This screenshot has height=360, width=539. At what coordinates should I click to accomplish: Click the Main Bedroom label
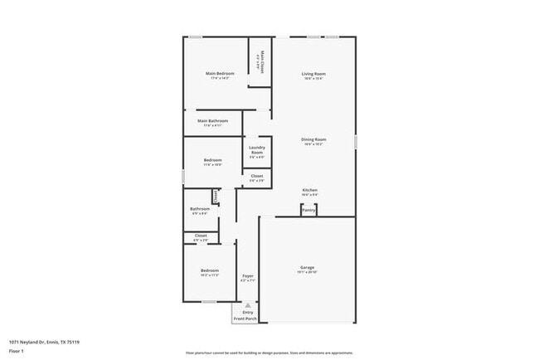coord(220,73)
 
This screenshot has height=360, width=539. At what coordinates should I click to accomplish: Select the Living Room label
coord(313,74)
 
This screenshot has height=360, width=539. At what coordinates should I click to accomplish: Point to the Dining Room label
coord(313,139)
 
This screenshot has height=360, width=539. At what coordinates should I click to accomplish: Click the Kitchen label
coord(309,190)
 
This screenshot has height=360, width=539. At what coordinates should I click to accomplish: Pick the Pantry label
coord(308,211)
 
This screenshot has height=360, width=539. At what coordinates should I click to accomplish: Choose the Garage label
coord(307,267)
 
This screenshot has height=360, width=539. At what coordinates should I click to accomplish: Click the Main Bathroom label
coord(213,121)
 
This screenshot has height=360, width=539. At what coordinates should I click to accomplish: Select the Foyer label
coord(247,275)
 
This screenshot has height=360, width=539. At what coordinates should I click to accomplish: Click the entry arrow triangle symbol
coord(247,305)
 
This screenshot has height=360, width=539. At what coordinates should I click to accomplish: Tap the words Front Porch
coord(245,319)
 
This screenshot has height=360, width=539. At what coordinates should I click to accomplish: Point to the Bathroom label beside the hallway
coord(200,209)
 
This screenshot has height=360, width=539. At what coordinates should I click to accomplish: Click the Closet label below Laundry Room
coord(257,176)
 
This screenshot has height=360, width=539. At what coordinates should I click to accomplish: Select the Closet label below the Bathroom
coord(201,236)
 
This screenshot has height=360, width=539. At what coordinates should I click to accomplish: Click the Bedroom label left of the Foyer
coord(209,270)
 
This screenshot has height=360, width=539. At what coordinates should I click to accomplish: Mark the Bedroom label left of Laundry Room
coord(213,159)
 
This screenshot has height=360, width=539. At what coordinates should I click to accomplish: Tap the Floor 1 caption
coord(17,352)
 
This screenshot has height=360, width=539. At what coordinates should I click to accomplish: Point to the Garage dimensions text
coord(307,272)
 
